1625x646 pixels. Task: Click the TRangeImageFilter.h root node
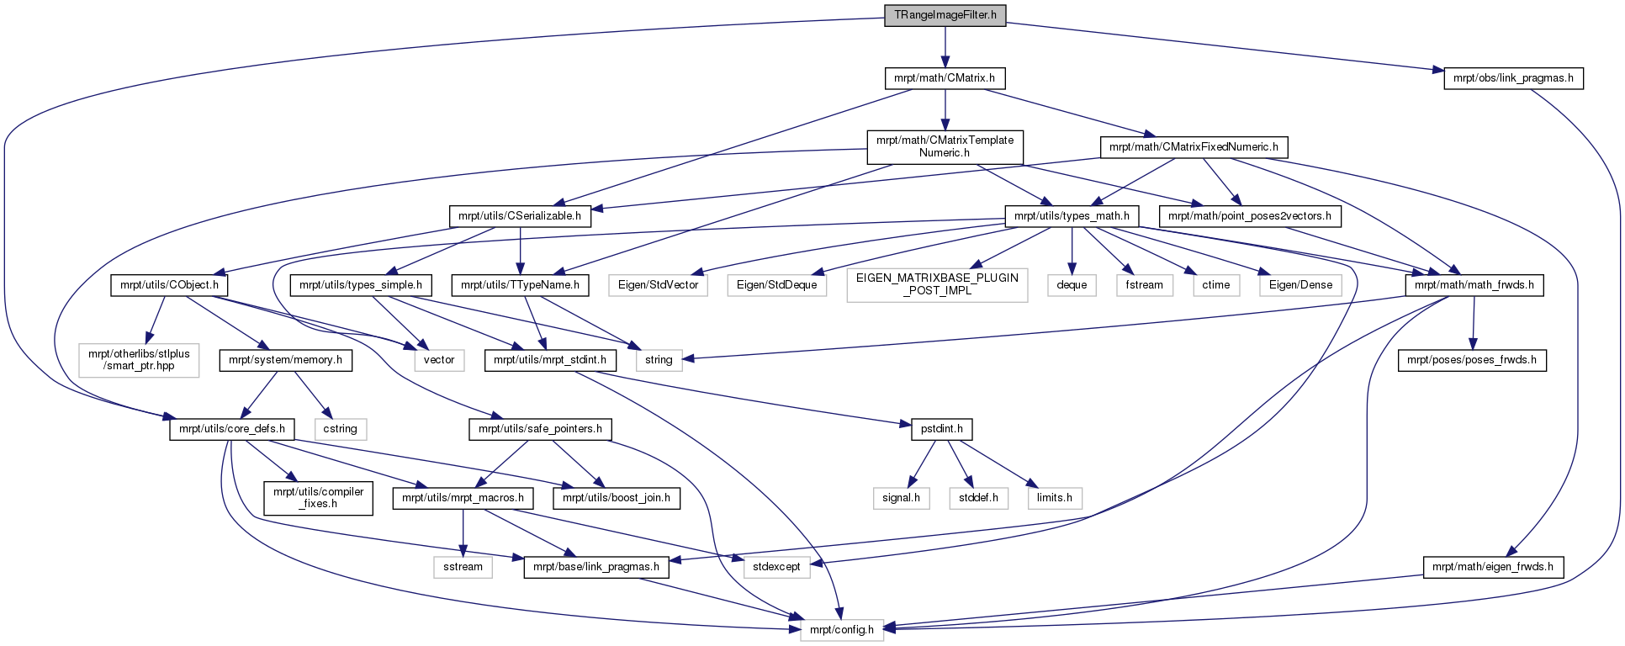945,15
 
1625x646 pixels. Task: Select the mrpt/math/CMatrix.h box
945,78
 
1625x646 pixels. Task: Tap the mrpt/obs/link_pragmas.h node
1513,78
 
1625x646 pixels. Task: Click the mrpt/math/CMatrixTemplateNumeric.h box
945,146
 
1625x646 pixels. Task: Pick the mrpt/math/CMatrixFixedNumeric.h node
1194,147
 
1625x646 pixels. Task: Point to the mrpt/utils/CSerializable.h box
520,216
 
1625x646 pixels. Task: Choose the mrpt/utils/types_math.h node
1072,216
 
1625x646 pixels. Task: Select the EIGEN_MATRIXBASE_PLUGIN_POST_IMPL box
937,284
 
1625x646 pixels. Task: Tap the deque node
1072,285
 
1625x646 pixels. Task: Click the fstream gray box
1145,285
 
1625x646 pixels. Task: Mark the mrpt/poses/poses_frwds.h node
1472,360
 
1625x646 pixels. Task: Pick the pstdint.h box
941,429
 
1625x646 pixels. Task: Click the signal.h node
901,498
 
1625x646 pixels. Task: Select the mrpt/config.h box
841,630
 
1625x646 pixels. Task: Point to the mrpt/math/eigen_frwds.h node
1493,567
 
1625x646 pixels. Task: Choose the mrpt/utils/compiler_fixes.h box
318,498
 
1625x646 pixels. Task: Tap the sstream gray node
463,567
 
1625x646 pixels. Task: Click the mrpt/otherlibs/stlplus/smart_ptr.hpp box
139,360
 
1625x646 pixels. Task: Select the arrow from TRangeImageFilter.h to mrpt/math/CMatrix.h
945,47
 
